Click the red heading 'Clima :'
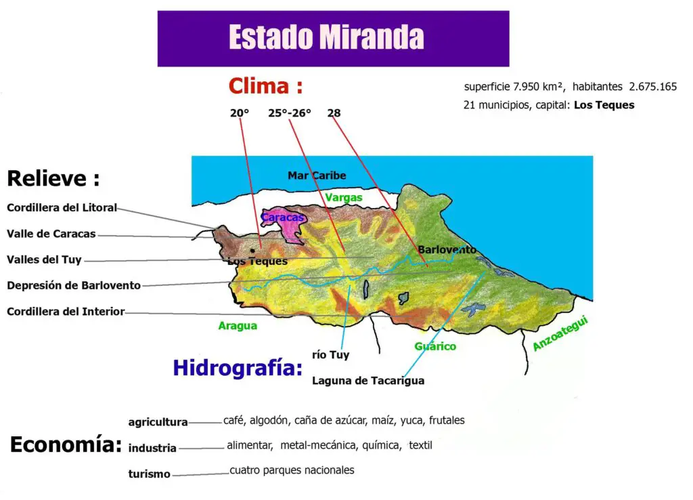click(x=265, y=86)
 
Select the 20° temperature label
click(x=240, y=113)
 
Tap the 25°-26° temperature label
click(x=290, y=113)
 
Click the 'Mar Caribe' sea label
click(x=317, y=175)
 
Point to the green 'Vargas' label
click(x=343, y=197)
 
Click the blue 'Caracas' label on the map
click(x=282, y=217)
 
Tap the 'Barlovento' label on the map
click(x=447, y=249)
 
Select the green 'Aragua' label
click(x=238, y=326)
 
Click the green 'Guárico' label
click(x=435, y=346)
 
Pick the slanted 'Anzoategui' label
click(x=561, y=334)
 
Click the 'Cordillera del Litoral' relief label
click(x=62, y=207)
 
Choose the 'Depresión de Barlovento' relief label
click(x=74, y=285)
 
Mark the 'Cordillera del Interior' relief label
click(x=66, y=312)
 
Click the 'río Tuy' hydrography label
click(x=330, y=354)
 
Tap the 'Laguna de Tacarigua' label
click(x=368, y=380)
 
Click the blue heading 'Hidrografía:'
click(x=237, y=368)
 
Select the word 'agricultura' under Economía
click(x=158, y=422)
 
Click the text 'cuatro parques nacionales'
click(x=292, y=470)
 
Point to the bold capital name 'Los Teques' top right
click(x=604, y=105)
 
